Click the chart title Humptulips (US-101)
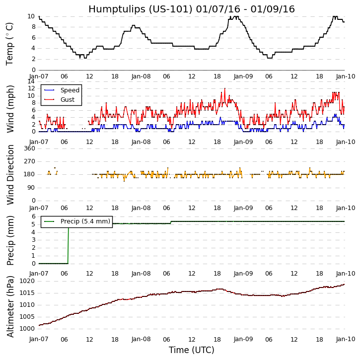[191, 9]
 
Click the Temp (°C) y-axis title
[10, 43]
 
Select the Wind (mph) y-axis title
[10, 108]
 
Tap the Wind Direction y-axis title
[10, 174]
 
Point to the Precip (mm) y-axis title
[10, 239]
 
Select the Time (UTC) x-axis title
[191, 350]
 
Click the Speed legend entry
[70, 90]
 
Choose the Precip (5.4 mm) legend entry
[85, 221]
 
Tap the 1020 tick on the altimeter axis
[27, 282]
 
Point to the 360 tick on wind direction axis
[29, 148]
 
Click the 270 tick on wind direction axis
[29, 161]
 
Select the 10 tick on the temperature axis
[31, 16]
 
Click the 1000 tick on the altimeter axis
[27, 328]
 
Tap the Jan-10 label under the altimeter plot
[345, 339]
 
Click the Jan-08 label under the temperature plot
[141, 77]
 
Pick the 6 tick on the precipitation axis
[33, 216]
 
